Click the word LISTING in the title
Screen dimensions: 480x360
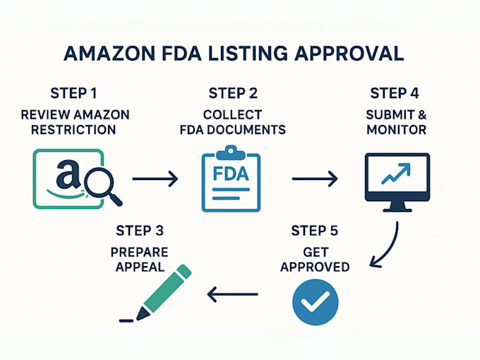(x=248, y=54)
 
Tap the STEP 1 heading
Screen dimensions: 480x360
(x=73, y=93)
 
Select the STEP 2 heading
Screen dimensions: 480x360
(x=233, y=93)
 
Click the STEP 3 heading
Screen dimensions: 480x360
(x=140, y=231)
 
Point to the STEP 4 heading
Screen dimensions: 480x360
(x=395, y=93)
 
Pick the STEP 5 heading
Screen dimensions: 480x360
(x=315, y=231)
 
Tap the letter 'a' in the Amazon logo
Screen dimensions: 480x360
(x=68, y=174)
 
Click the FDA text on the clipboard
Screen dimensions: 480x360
(x=231, y=174)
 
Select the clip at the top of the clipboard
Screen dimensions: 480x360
(x=231, y=152)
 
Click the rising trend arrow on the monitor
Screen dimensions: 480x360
(x=396, y=174)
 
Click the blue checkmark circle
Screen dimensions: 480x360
(x=316, y=302)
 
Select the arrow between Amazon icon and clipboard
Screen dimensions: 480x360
(x=155, y=179)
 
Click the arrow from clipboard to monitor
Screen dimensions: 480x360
(x=315, y=179)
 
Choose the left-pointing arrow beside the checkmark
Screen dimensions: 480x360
(x=233, y=294)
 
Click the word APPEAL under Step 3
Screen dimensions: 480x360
(x=140, y=267)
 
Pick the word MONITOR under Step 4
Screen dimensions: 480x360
(x=397, y=130)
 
